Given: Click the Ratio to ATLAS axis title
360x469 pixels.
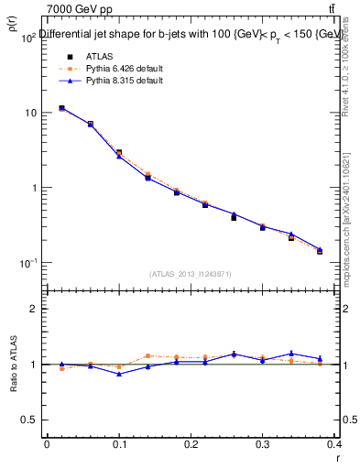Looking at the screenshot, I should pos(13,366).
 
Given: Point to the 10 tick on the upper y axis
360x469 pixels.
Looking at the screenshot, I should pos(30,113).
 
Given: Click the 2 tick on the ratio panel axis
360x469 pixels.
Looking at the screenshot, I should pos(32,309).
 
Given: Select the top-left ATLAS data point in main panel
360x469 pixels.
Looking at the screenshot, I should pos(61,108).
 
